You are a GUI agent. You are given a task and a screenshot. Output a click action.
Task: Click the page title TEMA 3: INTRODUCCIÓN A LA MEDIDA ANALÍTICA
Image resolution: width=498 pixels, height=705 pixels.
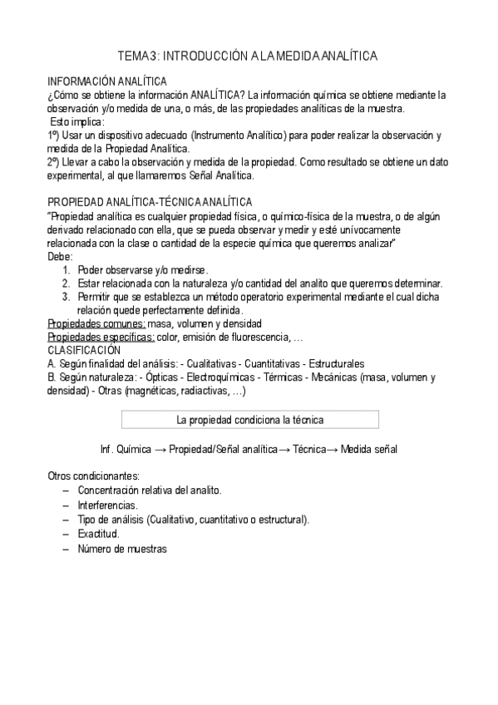pyautogui.click(x=249, y=56)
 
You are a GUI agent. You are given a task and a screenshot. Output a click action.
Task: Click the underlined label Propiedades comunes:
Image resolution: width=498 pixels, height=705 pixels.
pyautogui.click(x=96, y=323)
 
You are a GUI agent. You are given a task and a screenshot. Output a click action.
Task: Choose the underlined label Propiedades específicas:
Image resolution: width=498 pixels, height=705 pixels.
pyautogui.click(x=101, y=336)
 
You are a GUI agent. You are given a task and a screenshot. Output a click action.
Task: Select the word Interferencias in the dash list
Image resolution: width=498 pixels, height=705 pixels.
pyautogui.click(x=108, y=505)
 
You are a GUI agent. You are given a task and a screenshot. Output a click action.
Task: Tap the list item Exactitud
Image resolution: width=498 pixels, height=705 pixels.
pyautogui.click(x=98, y=534)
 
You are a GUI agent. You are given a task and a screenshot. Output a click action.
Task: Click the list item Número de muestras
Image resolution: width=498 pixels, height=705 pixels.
pyautogui.click(x=122, y=549)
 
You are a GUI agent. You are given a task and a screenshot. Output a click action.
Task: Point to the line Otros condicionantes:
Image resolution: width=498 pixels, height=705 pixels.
pyautogui.click(x=93, y=476)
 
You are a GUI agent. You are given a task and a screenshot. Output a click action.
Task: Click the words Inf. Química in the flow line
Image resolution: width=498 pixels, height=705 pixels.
pyautogui.click(x=124, y=449)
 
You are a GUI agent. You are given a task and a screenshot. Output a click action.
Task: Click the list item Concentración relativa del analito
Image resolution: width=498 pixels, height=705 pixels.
pyautogui.click(x=150, y=491)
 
